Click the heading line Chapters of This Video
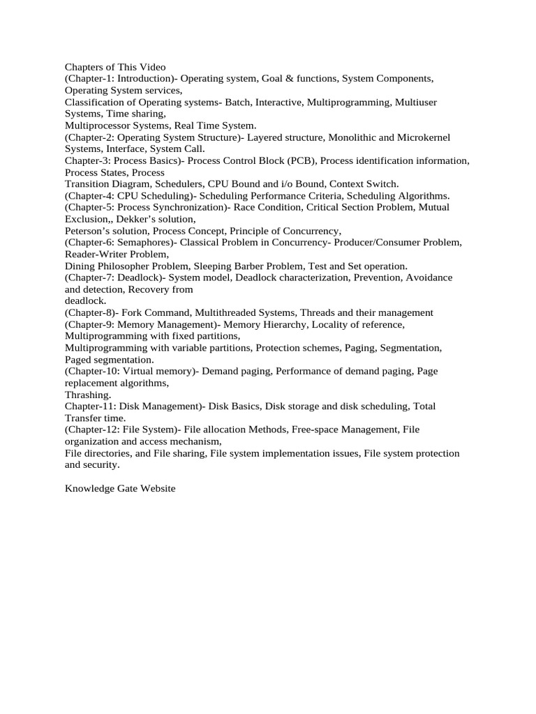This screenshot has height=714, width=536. click(115, 67)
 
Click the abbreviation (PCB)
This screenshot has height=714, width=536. click(297, 161)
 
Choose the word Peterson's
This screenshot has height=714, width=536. click(87, 231)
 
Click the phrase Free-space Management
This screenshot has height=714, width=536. click(338, 430)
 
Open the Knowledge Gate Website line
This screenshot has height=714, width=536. click(120, 488)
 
